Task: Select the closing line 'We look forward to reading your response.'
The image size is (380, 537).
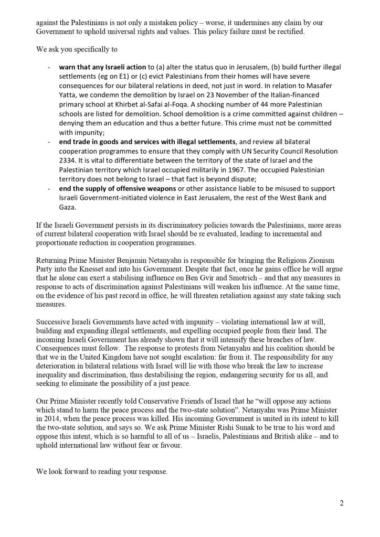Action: click(102, 472)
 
